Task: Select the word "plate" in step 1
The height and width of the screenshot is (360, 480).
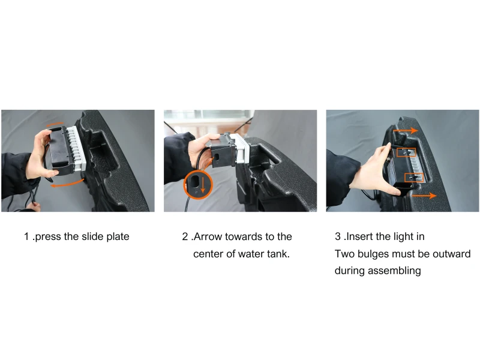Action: [116, 236]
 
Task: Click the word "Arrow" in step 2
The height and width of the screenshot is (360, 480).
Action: [209, 236]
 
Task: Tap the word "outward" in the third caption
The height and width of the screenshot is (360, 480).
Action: [451, 254]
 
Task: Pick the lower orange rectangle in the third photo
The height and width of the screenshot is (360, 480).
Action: [414, 178]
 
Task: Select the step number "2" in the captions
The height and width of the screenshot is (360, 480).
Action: [185, 236]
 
